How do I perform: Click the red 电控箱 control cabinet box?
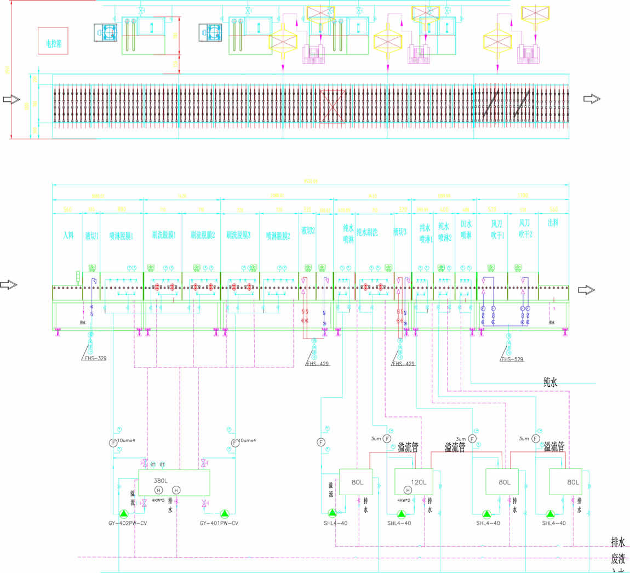(x=53, y=41)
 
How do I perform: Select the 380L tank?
(x=174, y=482)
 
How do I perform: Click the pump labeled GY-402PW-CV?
(x=123, y=513)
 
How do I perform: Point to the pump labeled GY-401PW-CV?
(x=224, y=513)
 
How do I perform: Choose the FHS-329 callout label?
(x=95, y=359)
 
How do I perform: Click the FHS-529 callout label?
(x=512, y=359)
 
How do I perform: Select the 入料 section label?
(x=68, y=236)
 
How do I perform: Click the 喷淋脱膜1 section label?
(x=121, y=236)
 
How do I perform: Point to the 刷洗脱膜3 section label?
(x=240, y=236)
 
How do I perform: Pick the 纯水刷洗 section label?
(x=366, y=232)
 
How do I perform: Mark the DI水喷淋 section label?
(x=466, y=230)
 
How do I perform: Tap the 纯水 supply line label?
(x=550, y=382)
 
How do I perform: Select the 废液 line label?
(x=618, y=559)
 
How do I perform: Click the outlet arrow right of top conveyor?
(x=591, y=99)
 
